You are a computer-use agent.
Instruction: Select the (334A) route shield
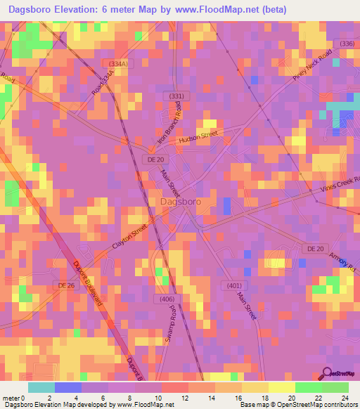click(x=118, y=64)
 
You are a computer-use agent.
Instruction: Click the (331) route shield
click(x=176, y=96)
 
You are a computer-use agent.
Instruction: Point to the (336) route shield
click(x=347, y=44)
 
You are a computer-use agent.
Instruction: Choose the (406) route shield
click(x=167, y=299)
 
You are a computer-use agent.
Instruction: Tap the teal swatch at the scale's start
click(x=41, y=387)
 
